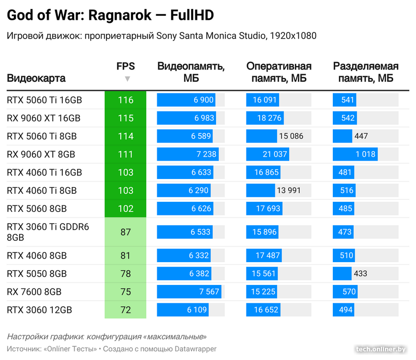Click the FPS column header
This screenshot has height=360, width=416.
click(125, 66)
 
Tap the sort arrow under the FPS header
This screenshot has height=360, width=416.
click(127, 79)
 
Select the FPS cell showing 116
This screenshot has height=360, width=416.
click(125, 100)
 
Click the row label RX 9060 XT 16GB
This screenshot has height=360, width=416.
click(44, 118)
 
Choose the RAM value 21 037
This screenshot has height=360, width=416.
click(274, 154)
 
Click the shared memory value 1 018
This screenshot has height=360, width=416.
click(365, 154)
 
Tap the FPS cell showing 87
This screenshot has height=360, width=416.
click(125, 232)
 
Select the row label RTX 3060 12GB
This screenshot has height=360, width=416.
click(40, 310)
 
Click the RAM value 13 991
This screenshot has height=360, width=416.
click(289, 191)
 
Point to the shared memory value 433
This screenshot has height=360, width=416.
click(361, 274)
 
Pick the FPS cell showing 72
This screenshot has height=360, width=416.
click(125, 310)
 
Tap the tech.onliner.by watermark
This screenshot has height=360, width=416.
click(381, 349)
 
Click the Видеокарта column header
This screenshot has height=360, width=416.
click(36, 79)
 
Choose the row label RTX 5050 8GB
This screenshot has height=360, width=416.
click(37, 274)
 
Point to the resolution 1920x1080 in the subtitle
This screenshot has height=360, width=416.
click(293, 36)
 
